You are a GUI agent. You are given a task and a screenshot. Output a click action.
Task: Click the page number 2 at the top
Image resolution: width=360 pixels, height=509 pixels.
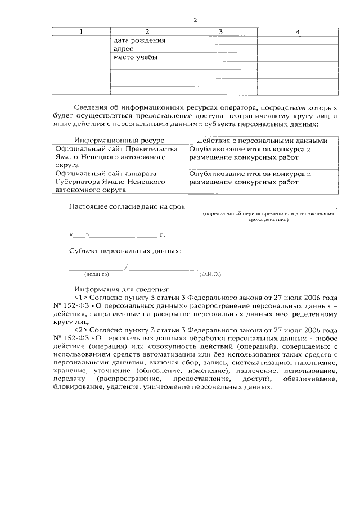pyautogui.click(x=195, y=20)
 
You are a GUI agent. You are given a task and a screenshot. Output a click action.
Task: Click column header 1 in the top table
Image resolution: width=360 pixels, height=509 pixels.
pyautogui.click(x=81, y=31)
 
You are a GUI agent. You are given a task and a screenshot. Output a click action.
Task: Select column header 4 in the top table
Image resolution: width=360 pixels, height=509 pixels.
pyautogui.click(x=298, y=31)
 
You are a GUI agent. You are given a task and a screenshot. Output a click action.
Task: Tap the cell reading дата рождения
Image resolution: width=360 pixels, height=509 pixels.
pyautogui.click(x=139, y=40)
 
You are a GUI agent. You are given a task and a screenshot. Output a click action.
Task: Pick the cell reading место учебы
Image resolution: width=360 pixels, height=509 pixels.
pyautogui.click(x=135, y=57)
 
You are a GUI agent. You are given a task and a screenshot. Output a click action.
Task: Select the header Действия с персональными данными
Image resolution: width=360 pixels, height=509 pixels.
pyautogui.click(x=262, y=141)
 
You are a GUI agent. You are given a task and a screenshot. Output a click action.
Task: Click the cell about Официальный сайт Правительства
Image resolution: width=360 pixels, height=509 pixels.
pyautogui.click(x=112, y=158)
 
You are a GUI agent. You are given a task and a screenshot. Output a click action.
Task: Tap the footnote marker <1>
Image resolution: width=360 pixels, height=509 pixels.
pyautogui.click(x=80, y=296)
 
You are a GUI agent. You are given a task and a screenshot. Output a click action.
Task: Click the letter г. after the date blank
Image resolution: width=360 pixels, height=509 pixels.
pyautogui.click(x=162, y=233)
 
